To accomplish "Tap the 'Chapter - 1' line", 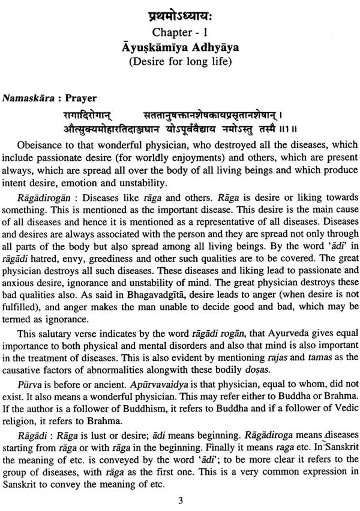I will point(180,32).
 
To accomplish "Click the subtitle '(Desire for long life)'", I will point(180,61).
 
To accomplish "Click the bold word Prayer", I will point(81,98).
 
